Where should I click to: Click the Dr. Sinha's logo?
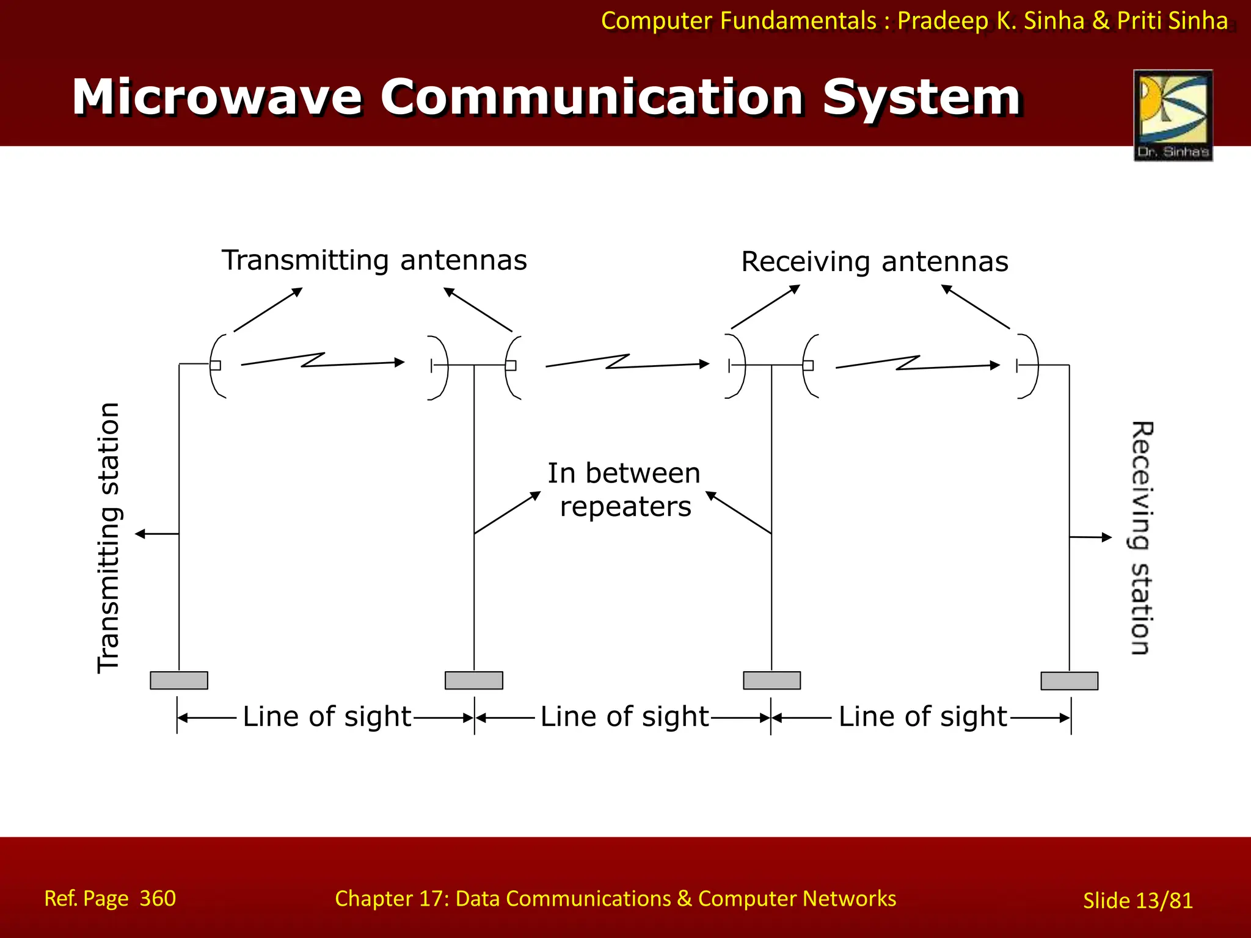[1173, 115]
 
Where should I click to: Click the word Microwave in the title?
[217, 98]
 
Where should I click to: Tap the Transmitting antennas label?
[374, 261]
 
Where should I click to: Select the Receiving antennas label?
[874, 262]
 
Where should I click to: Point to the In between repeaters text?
[624, 490]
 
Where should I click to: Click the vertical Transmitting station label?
[109, 537]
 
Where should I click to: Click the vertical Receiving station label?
[1140, 537]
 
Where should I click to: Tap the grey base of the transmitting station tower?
[179, 680]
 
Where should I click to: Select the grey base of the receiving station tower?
[1069, 681]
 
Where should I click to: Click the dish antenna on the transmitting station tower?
[216, 366]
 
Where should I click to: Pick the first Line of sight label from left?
[327, 717]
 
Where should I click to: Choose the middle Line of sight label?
[624, 717]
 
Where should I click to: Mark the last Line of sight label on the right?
[922, 717]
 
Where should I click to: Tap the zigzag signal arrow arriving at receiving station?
[917, 363]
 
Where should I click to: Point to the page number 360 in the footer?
[158, 898]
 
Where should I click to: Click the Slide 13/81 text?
[1137, 901]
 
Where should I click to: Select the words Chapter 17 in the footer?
[392, 899]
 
